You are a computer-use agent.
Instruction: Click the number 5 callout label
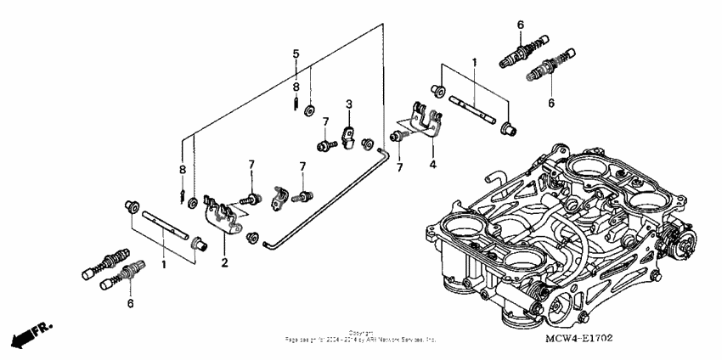coord(296,53)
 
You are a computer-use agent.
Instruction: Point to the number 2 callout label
coord(225,264)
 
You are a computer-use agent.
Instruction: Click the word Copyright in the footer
coord(361,333)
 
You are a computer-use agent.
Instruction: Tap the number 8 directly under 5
coord(296,87)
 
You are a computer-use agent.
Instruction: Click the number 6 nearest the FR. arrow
coord(130,302)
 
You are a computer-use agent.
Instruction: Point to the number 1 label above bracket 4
coord(475,63)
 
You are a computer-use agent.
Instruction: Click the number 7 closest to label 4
coord(398,168)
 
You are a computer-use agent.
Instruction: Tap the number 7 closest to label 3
coord(324,122)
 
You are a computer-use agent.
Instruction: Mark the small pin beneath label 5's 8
coord(295,104)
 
